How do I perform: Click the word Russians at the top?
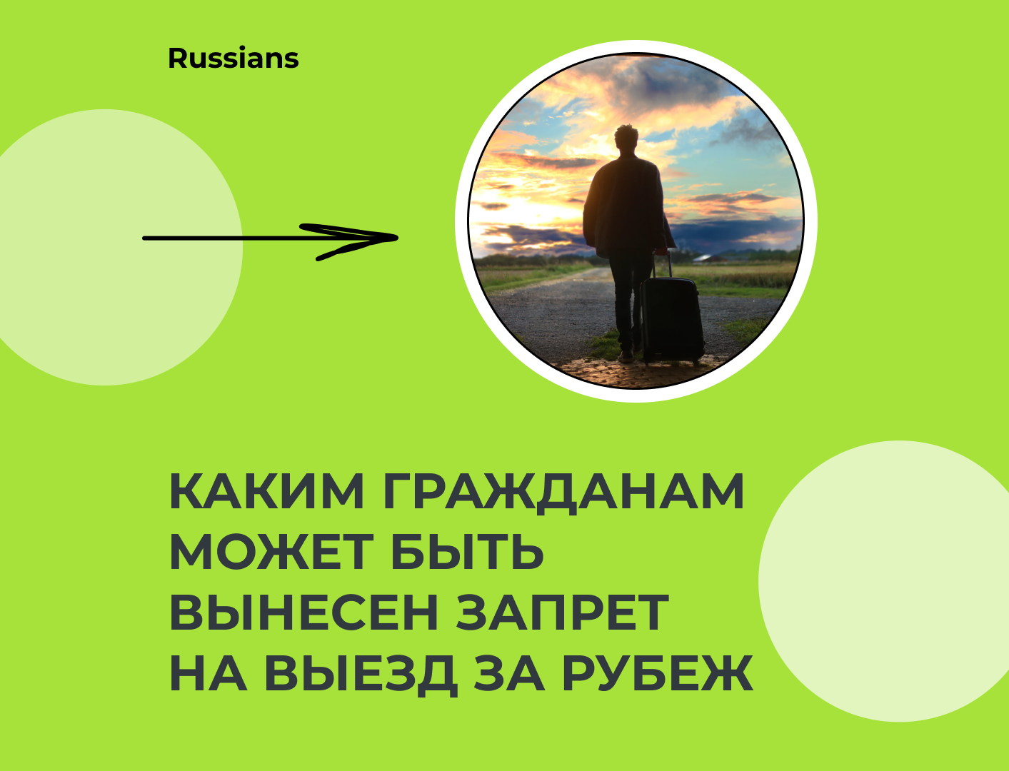(233, 59)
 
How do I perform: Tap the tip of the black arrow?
(397, 238)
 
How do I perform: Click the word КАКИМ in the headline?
(267, 491)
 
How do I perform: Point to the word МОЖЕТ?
(271, 552)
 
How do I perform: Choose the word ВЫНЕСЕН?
(304, 613)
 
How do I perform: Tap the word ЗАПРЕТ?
(563, 613)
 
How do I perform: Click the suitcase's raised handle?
(661, 265)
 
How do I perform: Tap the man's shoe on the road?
(626, 357)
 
